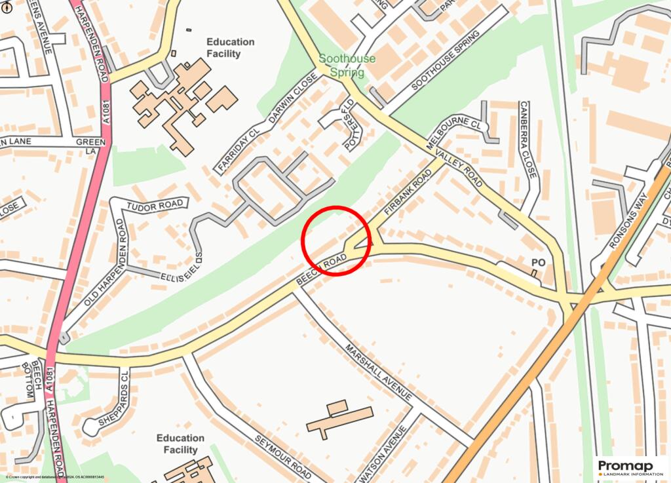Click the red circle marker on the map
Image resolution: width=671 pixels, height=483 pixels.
336,241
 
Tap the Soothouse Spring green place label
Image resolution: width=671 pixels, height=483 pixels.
347,66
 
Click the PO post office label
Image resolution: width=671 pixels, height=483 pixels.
538,263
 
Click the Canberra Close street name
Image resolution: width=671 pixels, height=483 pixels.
527,140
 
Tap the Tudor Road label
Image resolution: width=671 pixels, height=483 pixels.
155,205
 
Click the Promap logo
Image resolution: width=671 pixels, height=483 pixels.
630,467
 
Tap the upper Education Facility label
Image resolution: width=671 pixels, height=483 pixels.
230,48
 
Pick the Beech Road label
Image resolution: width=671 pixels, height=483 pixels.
321,269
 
